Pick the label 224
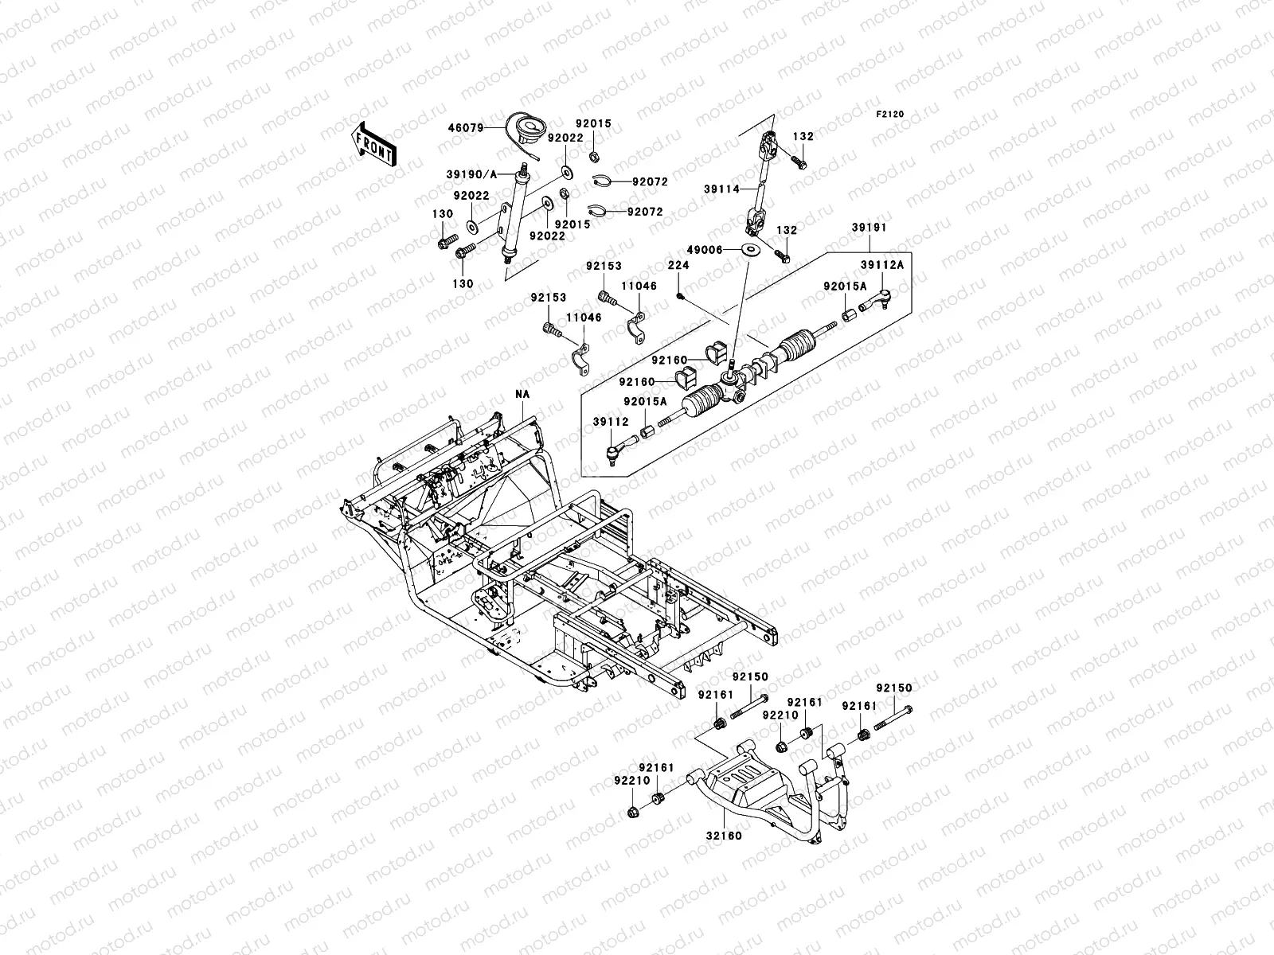pos(678,266)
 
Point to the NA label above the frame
pos(522,393)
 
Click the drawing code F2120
pos(891,115)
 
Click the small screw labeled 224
pos(679,296)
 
